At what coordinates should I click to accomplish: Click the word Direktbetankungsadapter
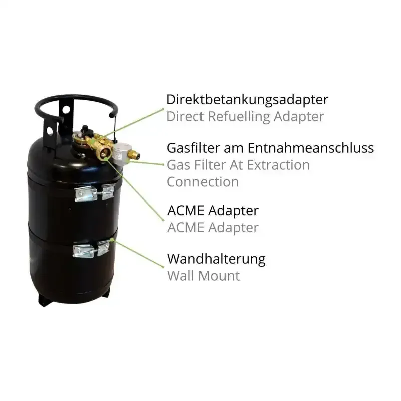tap(247, 100)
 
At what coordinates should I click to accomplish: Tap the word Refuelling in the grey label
tap(239, 117)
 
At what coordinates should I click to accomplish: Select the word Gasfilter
tap(193, 148)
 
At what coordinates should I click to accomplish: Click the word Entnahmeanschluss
tap(311, 148)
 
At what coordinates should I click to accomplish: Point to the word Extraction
tap(278, 165)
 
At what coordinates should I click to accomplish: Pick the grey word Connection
tap(203, 182)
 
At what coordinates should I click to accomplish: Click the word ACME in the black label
tap(185, 211)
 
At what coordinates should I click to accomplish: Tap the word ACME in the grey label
tap(185, 228)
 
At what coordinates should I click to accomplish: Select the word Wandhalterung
tap(217, 259)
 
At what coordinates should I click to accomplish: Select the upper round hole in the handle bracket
tap(66, 109)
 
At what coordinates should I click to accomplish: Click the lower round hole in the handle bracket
tap(50, 131)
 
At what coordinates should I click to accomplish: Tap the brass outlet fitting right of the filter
tap(134, 155)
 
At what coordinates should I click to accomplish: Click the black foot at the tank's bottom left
tap(45, 300)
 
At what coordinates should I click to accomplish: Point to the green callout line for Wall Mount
tap(138, 253)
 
